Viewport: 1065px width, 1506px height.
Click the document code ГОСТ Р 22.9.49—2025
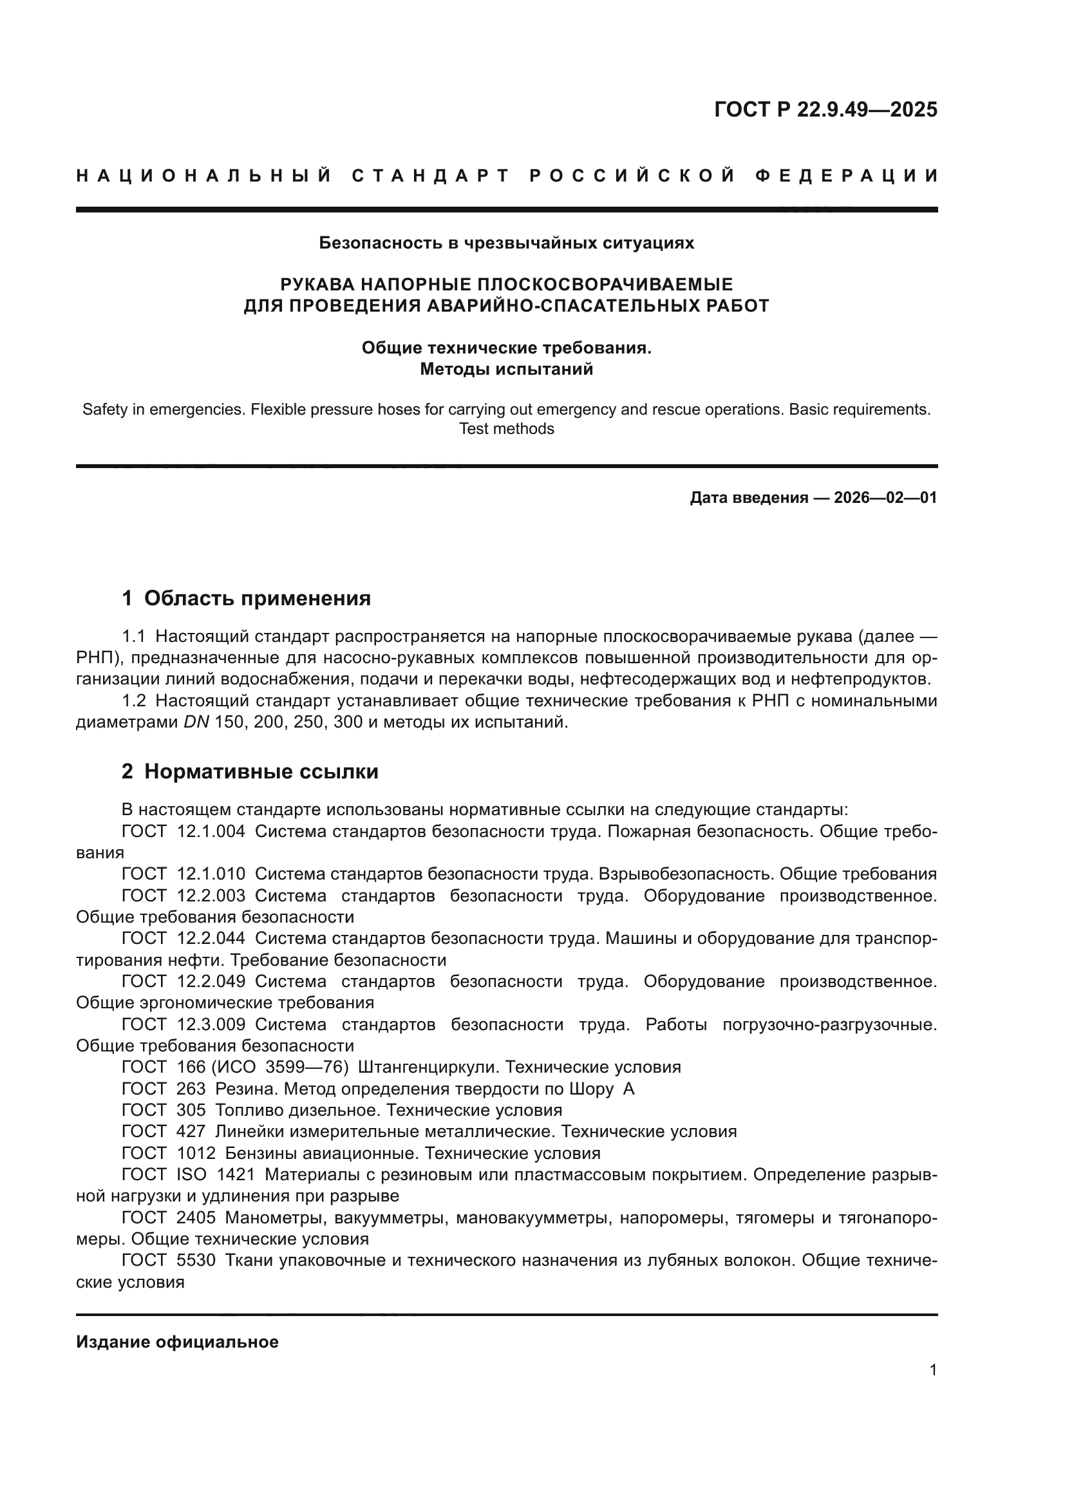825,109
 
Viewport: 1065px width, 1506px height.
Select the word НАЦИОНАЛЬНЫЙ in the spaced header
204,176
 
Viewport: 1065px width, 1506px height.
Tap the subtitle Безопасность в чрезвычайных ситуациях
506,243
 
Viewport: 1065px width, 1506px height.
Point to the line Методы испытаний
506,370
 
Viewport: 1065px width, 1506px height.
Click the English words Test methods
506,429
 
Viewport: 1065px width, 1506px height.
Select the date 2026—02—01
885,498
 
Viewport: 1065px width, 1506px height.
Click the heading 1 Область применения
247,598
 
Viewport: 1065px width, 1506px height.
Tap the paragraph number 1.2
134,701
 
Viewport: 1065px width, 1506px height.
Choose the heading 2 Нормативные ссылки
250,771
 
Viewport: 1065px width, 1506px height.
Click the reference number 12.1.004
211,832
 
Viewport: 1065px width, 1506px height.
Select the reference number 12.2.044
211,939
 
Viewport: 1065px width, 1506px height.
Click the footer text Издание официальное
177,1342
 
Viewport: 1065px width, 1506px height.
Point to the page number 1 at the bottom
932,1370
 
